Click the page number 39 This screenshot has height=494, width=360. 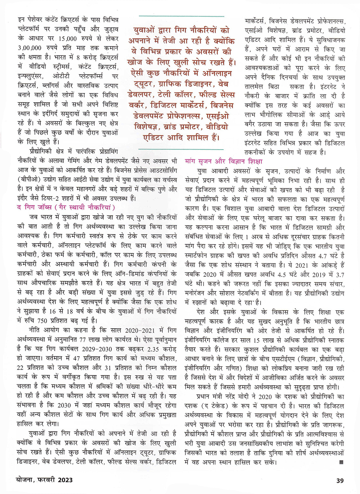coord(340,480)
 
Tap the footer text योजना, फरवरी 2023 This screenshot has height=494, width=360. coord(45,480)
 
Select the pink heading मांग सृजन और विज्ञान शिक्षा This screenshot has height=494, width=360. coord(224,161)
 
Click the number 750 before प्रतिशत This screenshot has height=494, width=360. coord(42,320)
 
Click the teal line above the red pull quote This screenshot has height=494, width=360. coord(181,16)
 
